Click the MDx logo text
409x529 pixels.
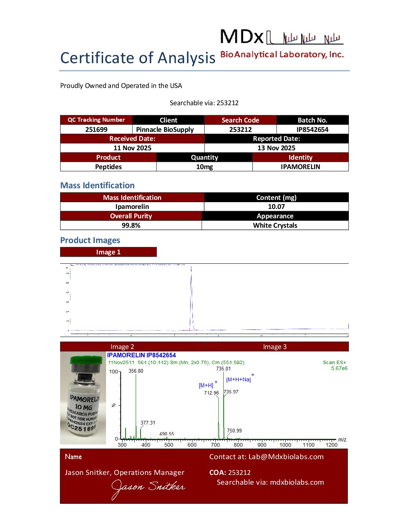(242, 37)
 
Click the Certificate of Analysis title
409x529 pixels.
(138, 58)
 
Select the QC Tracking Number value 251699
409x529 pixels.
(96, 130)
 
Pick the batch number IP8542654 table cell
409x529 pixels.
(312, 130)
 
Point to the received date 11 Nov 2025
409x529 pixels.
(132, 148)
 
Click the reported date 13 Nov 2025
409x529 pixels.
(276, 148)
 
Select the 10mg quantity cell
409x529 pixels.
(204, 167)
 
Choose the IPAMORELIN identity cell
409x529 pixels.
(300, 167)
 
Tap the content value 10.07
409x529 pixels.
(276, 207)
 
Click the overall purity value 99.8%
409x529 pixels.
(131, 225)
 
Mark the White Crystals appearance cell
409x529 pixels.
(275, 225)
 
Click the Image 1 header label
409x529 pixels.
(108, 252)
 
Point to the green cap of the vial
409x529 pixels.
(86, 360)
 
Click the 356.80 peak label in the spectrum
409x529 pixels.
(136, 371)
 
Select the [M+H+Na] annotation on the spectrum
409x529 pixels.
(239, 379)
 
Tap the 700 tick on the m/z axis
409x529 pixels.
(215, 445)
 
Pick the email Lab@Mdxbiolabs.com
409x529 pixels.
(286, 457)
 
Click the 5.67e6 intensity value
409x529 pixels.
(339, 368)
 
